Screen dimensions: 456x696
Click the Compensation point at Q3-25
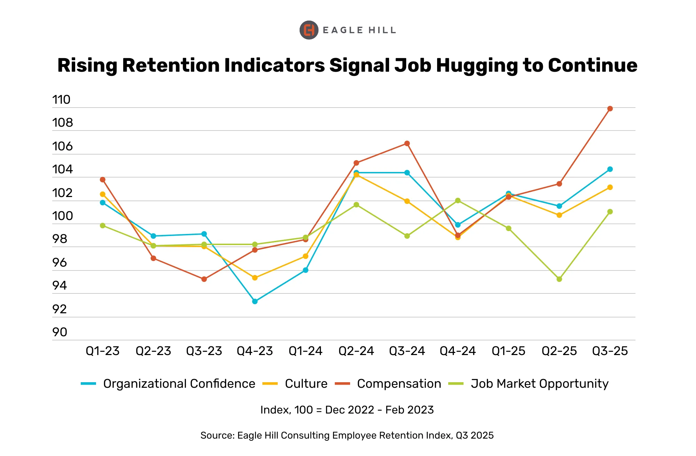click(x=610, y=109)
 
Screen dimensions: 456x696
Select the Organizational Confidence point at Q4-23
click(x=255, y=301)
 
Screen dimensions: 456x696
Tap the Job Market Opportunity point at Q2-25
click(x=559, y=279)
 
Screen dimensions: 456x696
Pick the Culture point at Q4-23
click(x=255, y=278)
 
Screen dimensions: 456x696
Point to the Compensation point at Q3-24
click(x=407, y=143)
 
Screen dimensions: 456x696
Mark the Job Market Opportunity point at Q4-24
click(x=458, y=201)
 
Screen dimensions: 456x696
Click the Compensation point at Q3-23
click(x=204, y=279)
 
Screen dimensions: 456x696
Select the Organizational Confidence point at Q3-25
click(x=610, y=169)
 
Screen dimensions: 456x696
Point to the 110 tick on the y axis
click(x=61, y=100)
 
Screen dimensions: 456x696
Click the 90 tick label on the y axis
click(x=60, y=332)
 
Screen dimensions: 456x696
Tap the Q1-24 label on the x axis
click(x=306, y=351)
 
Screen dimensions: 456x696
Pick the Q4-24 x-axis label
click(x=458, y=351)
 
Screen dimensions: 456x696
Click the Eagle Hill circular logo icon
click(x=309, y=30)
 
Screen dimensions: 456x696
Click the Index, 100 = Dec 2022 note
click(x=347, y=410)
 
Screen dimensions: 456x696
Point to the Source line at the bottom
click(x=347, y=435)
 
